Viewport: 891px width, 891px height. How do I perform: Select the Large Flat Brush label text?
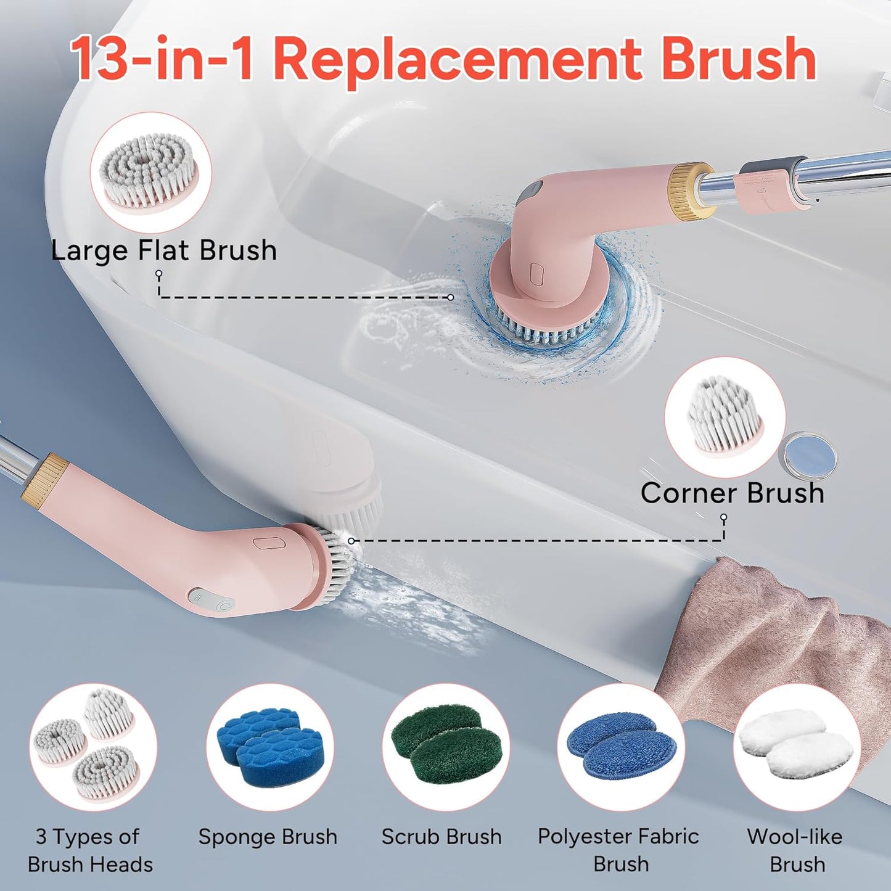click(163, 250)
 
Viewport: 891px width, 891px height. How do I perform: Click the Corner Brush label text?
click(733, 493)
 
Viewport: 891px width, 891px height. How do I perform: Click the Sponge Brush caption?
click(268, 837)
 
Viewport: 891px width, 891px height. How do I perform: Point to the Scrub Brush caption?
click(441, 837)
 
